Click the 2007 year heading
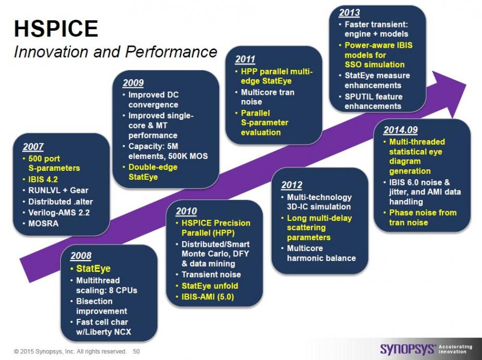[x=33, y=147]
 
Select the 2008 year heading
[x=81, y=256]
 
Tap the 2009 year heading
[x=133, y=83]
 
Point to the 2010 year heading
[x=186, y=211]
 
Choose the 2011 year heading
[x=245, y=59]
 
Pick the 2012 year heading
[x=291, y=185]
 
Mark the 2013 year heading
[x=349, y=13]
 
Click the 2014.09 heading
[x=401, y=130]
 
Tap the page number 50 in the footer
[x=136, y=351]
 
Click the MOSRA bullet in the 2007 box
[x=43, y=224]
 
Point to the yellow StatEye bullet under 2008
[x=94, y=269]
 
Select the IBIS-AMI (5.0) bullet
[x=208, y=297]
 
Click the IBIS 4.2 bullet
[x=43, y=179]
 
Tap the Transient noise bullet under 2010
[x=211, y=275]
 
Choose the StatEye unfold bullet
[x=210, y=286]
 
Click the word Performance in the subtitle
[x=171, y=52]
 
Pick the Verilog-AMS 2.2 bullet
[x=59, y=213]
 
